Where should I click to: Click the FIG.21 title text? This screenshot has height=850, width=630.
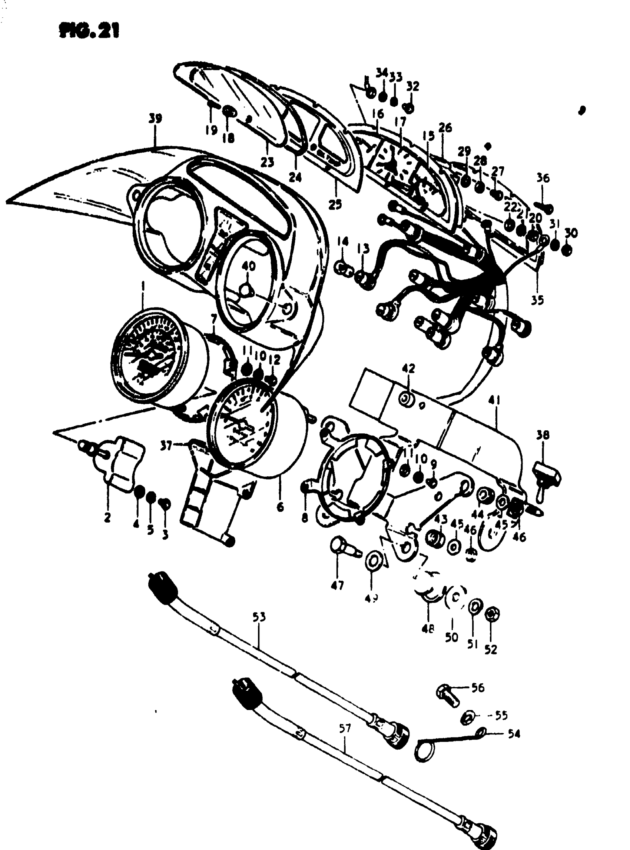89,31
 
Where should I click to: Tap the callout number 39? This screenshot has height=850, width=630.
155,119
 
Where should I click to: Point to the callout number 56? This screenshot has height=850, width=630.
477,688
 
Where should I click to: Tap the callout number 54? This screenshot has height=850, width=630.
513,734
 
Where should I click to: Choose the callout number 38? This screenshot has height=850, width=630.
543,435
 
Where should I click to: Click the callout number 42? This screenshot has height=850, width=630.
408,369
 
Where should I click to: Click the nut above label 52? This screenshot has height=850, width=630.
491,614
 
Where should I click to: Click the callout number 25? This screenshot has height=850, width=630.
335,204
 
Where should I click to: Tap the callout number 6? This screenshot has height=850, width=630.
280,507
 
